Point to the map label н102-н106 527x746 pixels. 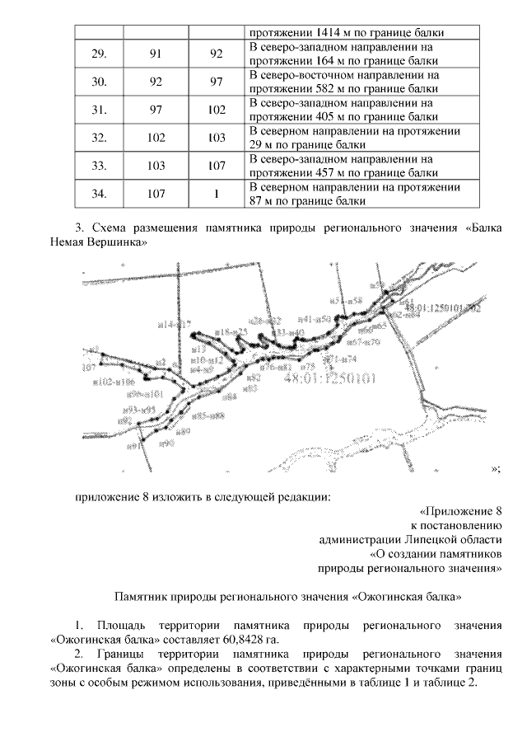coord(114,382)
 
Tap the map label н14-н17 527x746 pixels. coord(173,326)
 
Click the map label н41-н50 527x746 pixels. coord(314,318)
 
